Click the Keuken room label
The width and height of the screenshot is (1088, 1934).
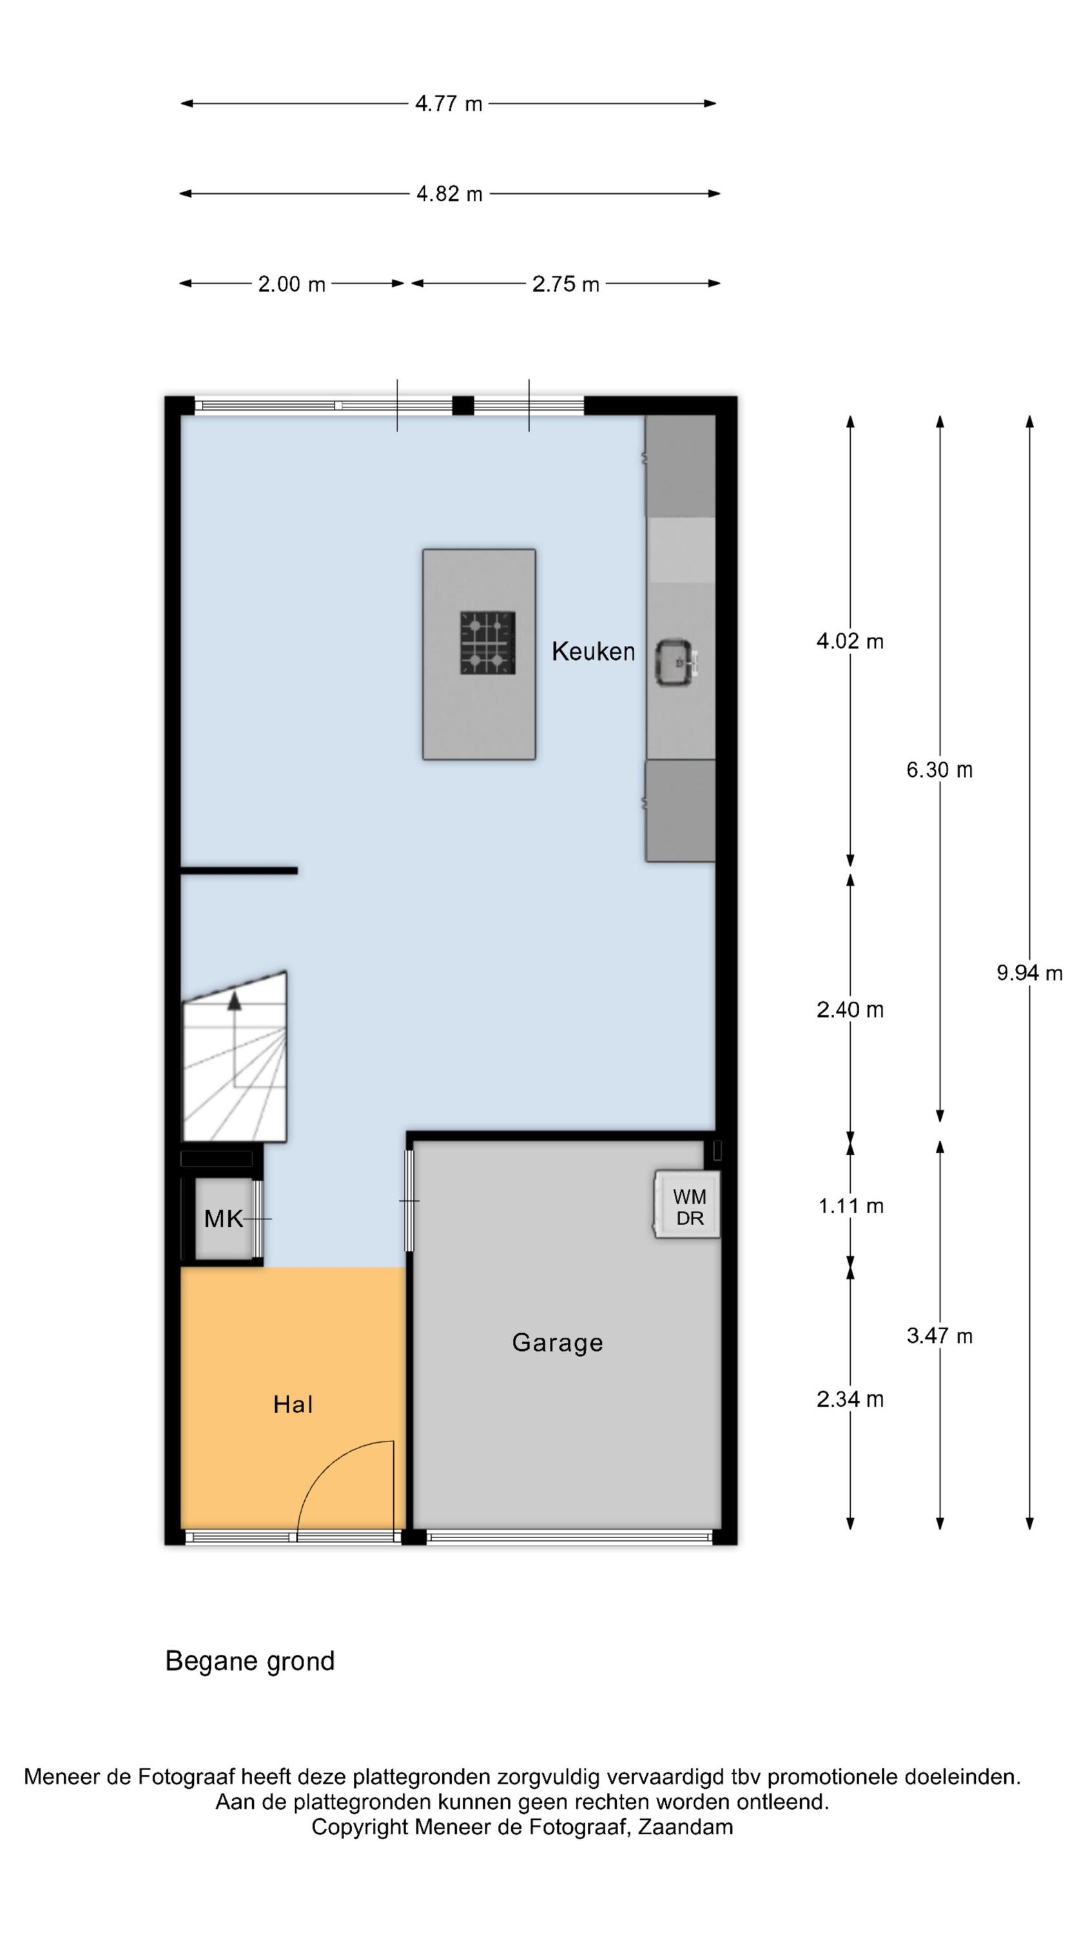pyautogui.click(x=592, y=651)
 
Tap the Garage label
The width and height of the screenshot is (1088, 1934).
pyautogui.click(x=557, y=1342)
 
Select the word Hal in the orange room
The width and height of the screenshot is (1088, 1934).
pyautogui.click(x=293, y=1404)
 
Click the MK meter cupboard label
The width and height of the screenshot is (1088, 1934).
pyautogui.click(x=224, y=1218)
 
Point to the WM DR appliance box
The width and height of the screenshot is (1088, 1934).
pyautogui.click(x=688, y=1204)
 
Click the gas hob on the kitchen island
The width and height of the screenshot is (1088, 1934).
pyautogui.click(x=487, y=643)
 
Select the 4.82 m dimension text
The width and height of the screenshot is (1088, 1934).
pyautogui.click(x=449, y=193)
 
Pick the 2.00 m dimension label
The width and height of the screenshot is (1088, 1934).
pyautogui.click(x=291, y=284)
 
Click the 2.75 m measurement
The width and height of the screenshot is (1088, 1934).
pyautogui.click(x=565, y=284)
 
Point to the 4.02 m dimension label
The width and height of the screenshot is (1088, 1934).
pyautogui.click(x=850, y=641)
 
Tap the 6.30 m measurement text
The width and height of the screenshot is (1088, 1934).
pyautogui.click(x=939, y=770)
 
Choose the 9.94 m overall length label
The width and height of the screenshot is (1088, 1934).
pyautogui.click(x=1029, y=973)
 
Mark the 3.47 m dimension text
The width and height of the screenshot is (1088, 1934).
pyautogui.click(x=939, y=1336)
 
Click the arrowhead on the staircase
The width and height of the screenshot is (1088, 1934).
pyautogui.click(x=234, y=1000)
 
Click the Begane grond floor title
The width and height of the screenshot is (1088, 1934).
pyautogui.click(x=250, y=1661)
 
